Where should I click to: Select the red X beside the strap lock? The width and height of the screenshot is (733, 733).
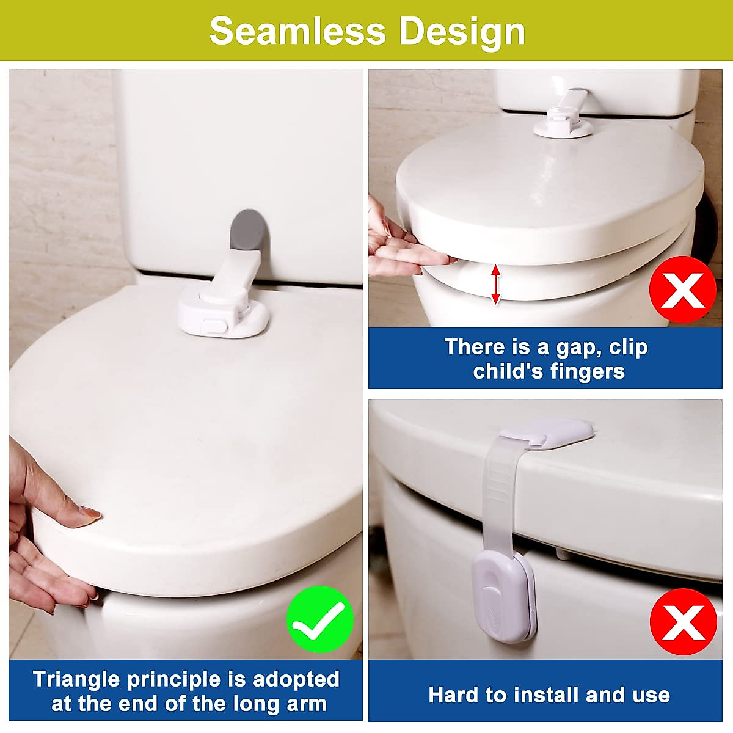[682, 622]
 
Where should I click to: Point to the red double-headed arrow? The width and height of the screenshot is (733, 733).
[496, 284]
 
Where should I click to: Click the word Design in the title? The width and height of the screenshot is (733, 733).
[464, 32]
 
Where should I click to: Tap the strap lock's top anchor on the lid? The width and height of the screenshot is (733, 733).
[546, 435]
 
